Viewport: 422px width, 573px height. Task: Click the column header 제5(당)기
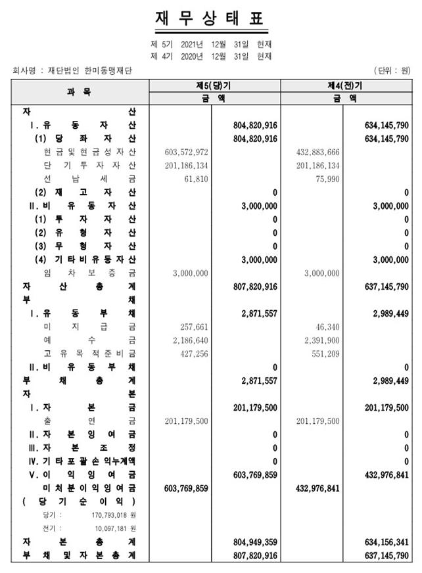coord(215,86)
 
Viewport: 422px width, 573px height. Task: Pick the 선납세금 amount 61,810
coord(195,178)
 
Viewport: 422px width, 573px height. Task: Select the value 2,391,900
coord(319,340)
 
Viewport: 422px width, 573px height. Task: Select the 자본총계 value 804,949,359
coord(254,542)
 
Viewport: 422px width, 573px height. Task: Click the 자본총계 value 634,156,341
coord(386,542)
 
